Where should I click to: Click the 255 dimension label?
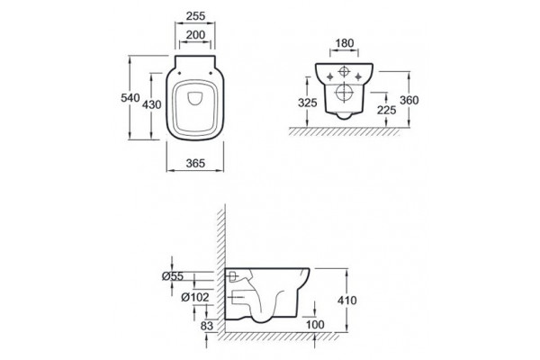pyautogui.click(x=195, y=16)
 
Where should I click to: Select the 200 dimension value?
pyautogui.click(x=195, y=35)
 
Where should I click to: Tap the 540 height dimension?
pyautogui.click(x=130, y=98)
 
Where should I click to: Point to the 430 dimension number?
pyautogui.click(x=152, y=104)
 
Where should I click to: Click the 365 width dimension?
pyautogui.click(x=195, y=163)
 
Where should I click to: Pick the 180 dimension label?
pyautogui.click(x=345, y=43)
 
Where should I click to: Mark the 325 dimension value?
pyautogui.click(x=308, y=103)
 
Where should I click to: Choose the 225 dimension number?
pyautogui.click(x=386, y=110)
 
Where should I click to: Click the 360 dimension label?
pyautogui.click(x=409, y=100)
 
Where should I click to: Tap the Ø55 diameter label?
pyautogui.click(x=173, y=276)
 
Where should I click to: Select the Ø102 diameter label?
pyautogui.click(x=195, y=297)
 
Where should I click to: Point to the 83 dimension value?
pyautogui.click(x=207, y=326)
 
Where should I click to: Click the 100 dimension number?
pyautogui.click(x=315, y=325)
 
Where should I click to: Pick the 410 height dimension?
pyautogui.click(x=347, y=301)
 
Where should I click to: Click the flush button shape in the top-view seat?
pyautogui.click(x=195, y=98)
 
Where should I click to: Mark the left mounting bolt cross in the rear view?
pyautogui.click(x=330, y=76)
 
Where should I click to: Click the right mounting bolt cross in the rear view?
pyautogui.click(x=358, y=76)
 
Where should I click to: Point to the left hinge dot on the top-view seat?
pyautogui.click(x=179, y=73)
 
